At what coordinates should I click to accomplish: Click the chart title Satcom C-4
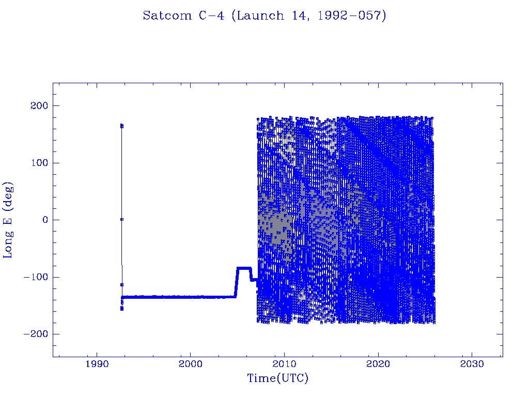tap(264, 16)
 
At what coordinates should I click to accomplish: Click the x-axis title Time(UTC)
tap(277, 378)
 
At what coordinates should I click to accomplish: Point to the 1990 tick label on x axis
tap(97, 364)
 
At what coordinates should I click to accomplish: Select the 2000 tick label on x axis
tap(190, 364)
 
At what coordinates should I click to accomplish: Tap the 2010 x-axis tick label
tap(284, 364)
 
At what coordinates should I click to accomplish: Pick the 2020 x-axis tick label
tap(378, 364)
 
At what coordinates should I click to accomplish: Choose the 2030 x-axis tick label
tap(472, 364)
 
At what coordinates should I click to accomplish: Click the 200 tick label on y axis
tap(38, 106)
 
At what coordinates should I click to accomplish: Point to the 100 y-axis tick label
tap(38, 163)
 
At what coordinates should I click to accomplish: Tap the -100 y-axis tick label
tap(35, 277)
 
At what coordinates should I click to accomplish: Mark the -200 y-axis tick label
tap(35, 334)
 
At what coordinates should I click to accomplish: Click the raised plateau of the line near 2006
tap(244, 268)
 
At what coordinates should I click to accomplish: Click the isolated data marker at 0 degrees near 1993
tap(121, 219)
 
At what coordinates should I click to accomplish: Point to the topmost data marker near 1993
tap(121, 125)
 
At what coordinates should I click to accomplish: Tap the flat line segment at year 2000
tap(190, 297)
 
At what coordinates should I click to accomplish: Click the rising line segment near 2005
tap(236, 283)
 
